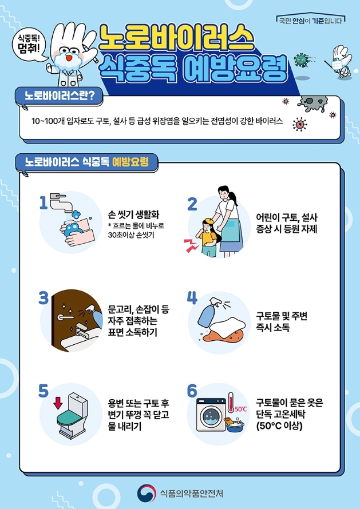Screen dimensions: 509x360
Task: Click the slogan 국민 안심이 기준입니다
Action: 309,21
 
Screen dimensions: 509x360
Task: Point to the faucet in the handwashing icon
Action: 60,201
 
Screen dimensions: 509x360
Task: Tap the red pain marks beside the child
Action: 189,245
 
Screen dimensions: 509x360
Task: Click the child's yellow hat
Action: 207,220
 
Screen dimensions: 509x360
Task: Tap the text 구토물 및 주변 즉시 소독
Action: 282,322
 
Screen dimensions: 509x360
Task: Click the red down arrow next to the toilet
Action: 57,402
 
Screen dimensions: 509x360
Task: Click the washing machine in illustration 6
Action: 211,414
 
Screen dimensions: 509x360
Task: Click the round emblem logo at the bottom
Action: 147,491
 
